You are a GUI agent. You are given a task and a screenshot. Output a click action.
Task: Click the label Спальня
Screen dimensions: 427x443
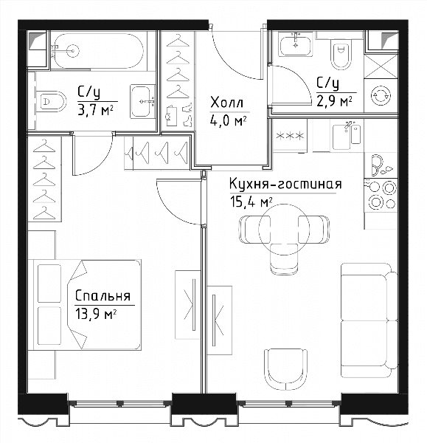(103, 296)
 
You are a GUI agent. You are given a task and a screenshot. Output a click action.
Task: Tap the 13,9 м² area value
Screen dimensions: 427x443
(96, 314)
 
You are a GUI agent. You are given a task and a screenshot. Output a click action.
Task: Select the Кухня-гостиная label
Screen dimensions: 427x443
(285, 184)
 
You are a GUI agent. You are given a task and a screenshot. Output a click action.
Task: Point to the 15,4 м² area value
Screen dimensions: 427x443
(251, 202)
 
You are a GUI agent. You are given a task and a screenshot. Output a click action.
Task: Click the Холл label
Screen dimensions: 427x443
(226, 103)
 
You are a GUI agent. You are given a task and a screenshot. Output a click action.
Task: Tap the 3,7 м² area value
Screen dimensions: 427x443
(95, 111)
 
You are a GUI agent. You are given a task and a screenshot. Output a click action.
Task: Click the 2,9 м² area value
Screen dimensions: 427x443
(334, 101)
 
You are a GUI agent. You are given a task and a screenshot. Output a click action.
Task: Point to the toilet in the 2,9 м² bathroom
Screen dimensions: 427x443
(341, 55)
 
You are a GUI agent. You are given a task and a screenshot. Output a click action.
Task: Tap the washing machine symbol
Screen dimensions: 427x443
(381, 96)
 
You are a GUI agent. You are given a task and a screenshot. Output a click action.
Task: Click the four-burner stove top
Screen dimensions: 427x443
(381, 195)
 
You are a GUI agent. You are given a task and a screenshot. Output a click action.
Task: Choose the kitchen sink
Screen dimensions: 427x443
(347, 137)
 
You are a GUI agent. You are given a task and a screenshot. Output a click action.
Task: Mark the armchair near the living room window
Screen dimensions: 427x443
(285, 369)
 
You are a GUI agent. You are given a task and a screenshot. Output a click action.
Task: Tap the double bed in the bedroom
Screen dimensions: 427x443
(87, 304)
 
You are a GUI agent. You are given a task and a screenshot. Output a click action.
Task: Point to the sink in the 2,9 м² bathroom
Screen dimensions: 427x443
(295, 44)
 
